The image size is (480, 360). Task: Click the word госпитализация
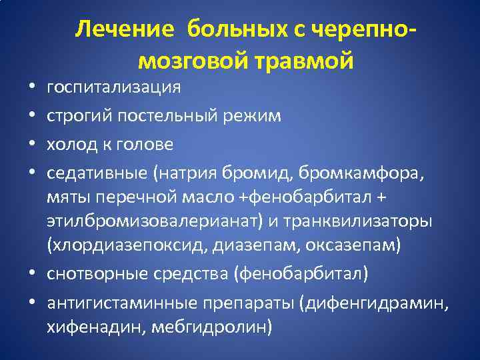click(113, 87)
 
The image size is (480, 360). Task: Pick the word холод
click(69, 144)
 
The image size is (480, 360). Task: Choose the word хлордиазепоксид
click(127, 245)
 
